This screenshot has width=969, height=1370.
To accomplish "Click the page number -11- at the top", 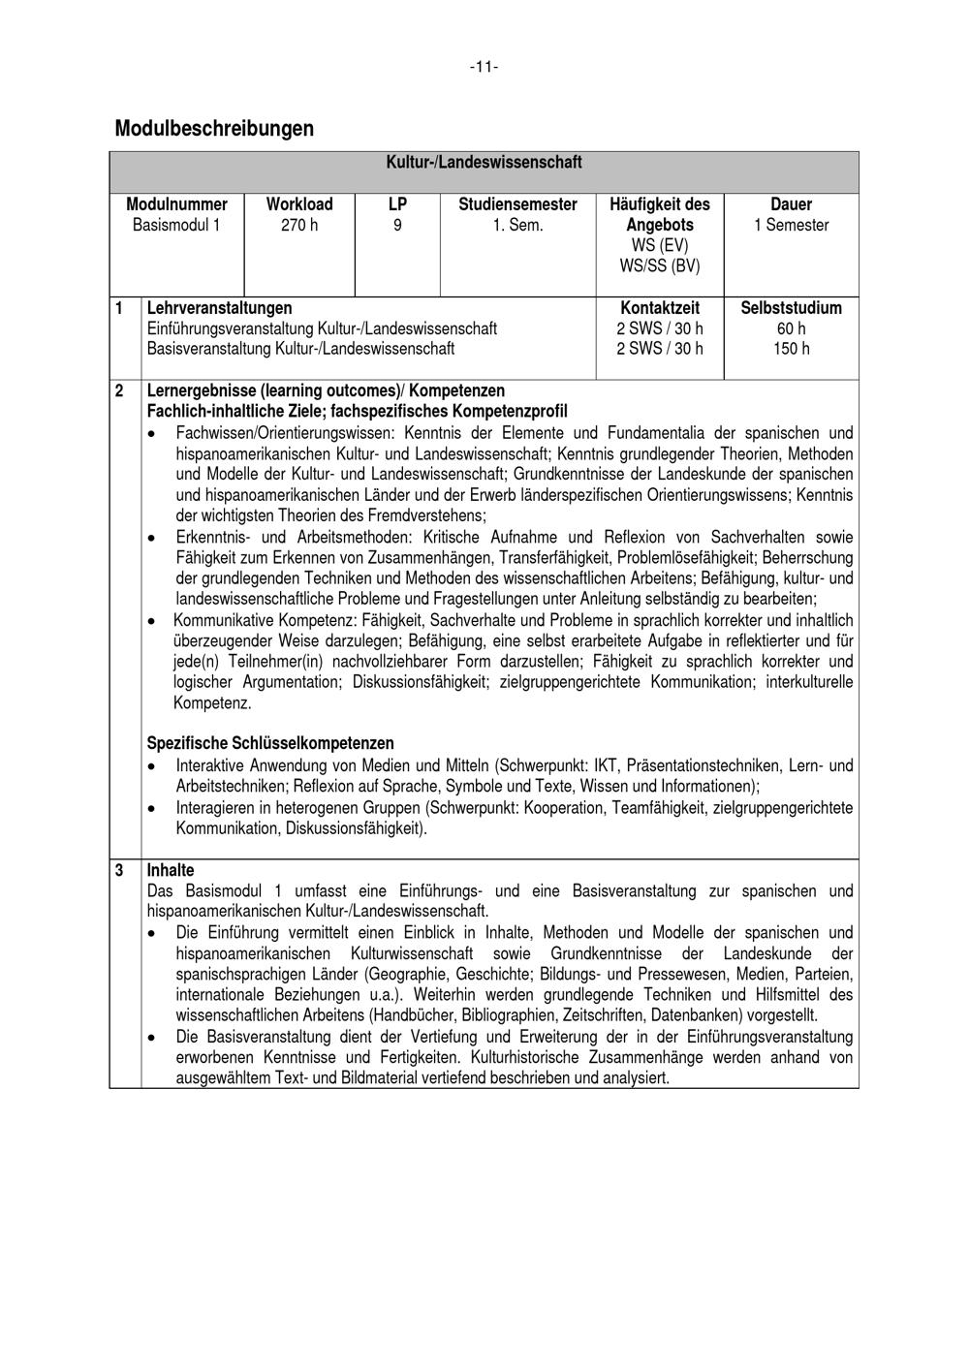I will pos(484,67).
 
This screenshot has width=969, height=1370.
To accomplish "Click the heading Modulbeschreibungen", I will pos(214,128).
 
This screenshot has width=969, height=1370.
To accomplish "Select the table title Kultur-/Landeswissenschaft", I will pos(484,162).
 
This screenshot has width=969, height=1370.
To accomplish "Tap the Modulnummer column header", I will pos(176,204).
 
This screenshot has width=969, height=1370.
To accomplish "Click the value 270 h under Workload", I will pos(299,225).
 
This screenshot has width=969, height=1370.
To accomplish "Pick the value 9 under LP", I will pos(397,225).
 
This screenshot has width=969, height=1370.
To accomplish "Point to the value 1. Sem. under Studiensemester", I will pos(517,225).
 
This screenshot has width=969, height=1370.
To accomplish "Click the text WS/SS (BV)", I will pos(659,265).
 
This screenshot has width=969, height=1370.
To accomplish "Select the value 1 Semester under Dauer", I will pos(791,225).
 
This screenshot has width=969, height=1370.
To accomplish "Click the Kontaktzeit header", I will pos(659,308).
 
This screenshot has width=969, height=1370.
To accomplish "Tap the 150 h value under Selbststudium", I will pos(791,349).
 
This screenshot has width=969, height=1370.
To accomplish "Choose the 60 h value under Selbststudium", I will pos(791,328).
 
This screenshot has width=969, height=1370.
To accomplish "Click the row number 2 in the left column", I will pos(119,390).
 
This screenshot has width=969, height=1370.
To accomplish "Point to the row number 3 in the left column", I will pos(119,870).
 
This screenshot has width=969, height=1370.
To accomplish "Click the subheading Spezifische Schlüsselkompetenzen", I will pos(270,743).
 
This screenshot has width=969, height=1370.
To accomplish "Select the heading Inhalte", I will pos(171,870).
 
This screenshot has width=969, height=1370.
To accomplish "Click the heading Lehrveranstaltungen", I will pos(219,308).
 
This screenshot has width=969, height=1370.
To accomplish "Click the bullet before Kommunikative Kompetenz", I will pos(151,621).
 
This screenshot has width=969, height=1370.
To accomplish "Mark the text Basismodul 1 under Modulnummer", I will pos(176,225).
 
